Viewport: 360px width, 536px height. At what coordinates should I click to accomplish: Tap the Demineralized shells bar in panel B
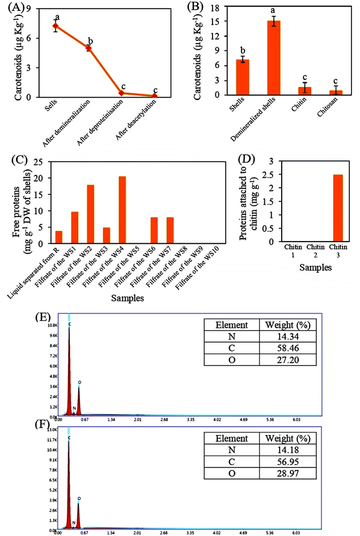click(274, 57)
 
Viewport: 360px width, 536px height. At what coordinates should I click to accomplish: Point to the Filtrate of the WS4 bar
click(122, 209)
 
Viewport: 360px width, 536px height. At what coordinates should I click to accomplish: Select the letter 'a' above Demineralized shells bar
click(274, 11)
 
